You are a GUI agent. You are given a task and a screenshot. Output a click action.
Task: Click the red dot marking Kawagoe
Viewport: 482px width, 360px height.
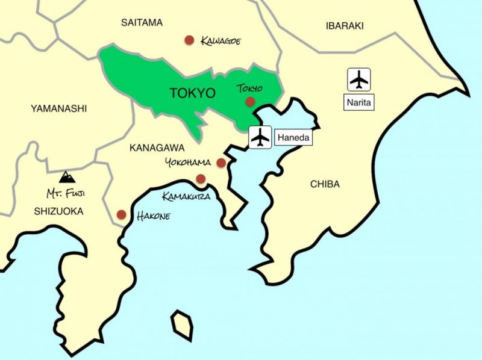pyautogui.click(x=189, y=40)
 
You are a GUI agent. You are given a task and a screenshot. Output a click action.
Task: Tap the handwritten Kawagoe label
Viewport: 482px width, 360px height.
pyautogui.click(x=221, y=40)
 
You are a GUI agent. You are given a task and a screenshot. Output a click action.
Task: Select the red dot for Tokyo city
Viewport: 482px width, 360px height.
pyautogui.click(x=250, y=102)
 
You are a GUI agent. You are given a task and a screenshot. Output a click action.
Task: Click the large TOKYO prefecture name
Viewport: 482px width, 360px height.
pyautogui.click(x=192, y=93)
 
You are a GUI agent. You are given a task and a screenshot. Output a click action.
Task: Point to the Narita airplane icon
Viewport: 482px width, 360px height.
pyautogui.click(x=360, y=79)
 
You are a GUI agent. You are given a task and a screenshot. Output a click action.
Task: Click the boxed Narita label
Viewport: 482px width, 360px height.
pyautogui.click(x=360, y=103)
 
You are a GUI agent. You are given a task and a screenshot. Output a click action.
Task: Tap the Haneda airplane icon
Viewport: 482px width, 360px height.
pyautogui.click(x=260, y=137)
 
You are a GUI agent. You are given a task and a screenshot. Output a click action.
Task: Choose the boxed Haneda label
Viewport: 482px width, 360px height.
pyautogui.click(x=295, y=138)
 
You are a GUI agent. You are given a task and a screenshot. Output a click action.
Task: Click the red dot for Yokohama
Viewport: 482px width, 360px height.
pyautogui.click(x=221, y=163)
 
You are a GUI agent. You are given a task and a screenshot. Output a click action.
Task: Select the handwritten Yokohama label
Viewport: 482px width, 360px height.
pyautogui.click(x=187, y=163)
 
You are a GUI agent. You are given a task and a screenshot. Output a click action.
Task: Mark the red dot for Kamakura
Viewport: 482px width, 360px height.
pyautogui.click(x=201, y=178)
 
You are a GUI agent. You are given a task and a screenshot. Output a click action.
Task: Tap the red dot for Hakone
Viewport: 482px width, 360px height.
pyautogui.click(x=121, y=214)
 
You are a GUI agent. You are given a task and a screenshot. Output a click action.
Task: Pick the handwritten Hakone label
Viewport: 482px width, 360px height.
pyautogui.click(x=151, y=214)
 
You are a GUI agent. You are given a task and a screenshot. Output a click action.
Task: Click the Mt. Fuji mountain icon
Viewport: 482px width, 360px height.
pyautogui.click(x=67, y=176)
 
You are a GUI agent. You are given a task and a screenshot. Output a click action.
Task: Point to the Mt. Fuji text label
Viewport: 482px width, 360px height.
pyautogui.click(x=66, y=194)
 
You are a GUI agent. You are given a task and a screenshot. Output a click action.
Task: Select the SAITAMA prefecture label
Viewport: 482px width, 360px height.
pyautogui.click(x=142, y=23)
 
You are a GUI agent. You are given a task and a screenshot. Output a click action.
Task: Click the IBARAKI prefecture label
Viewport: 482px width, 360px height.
pyautogui.click(x=345, y=25)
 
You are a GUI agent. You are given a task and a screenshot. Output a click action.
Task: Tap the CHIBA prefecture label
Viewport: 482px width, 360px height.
pyautogui.click(x=325, y=184)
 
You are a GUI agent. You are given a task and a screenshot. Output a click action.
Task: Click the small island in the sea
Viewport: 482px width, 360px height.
pyautogui.click(x=182, y=326)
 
